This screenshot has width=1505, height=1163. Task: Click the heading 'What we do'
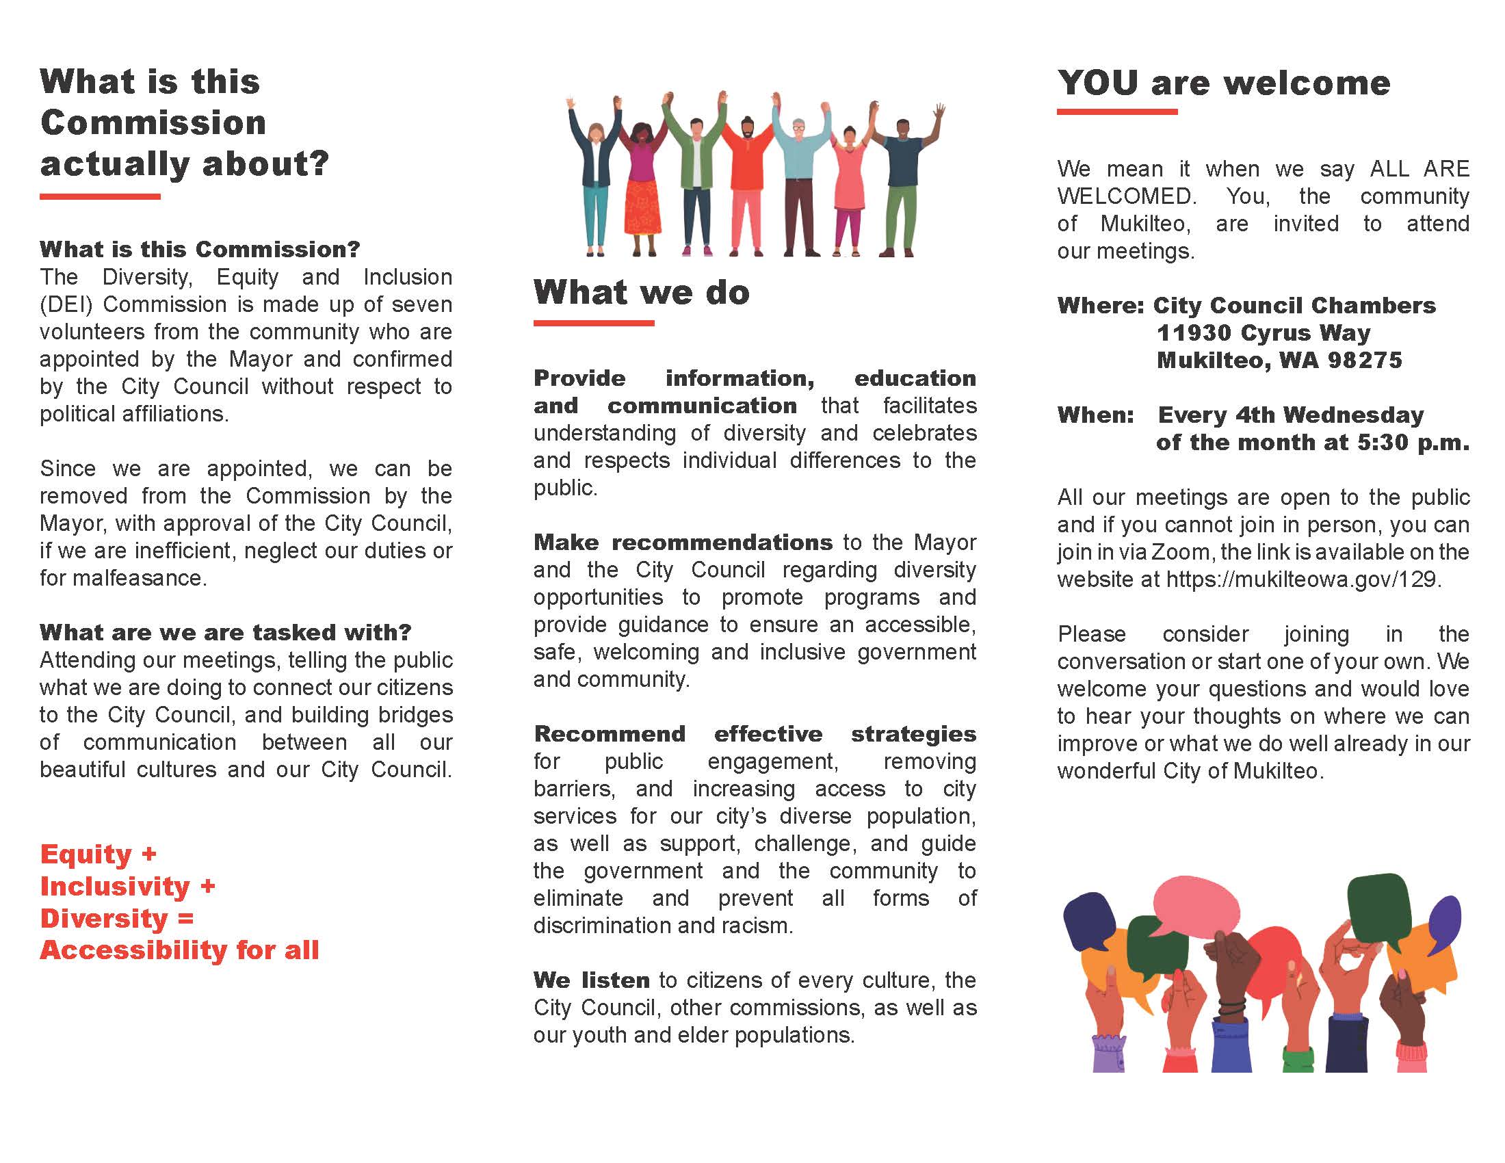641,292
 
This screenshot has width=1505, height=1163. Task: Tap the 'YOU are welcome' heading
1224,83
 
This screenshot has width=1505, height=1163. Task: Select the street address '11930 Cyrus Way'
1263,332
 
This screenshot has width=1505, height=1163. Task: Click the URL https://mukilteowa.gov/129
1301,579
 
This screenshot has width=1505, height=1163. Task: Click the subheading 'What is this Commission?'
200,250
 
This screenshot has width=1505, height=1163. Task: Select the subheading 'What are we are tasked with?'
225,633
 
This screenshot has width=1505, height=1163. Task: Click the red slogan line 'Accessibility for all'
180,950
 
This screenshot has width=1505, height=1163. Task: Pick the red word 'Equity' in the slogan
86,854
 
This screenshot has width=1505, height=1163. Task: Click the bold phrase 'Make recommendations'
683,543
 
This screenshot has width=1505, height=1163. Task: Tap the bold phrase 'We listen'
591,980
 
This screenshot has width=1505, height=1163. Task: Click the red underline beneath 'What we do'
593,322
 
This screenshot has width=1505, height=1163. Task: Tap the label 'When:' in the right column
1096,415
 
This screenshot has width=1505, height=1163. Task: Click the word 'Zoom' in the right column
1181,553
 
